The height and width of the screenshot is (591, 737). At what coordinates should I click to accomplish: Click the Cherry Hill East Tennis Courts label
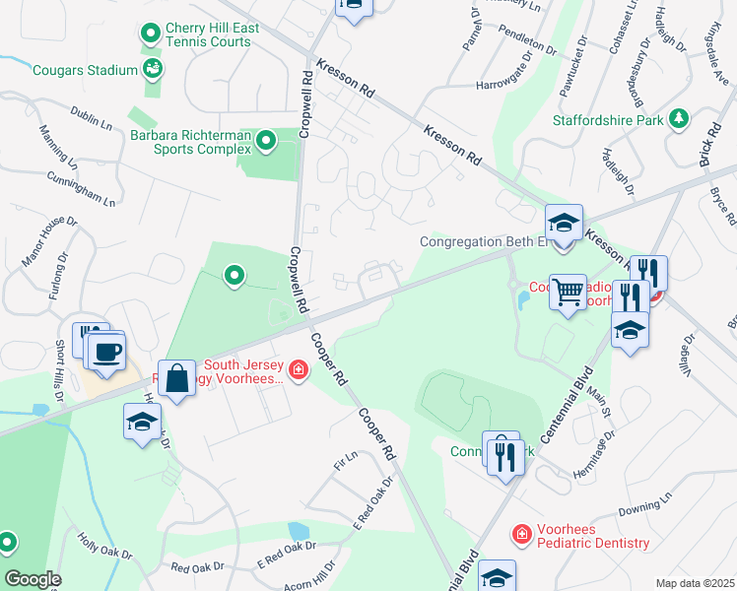click(x=212, y=35)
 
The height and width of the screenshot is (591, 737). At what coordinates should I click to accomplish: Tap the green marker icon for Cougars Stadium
click(x=153, y=69)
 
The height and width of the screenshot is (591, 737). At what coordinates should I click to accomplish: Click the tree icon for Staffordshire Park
click(x=678, y=119)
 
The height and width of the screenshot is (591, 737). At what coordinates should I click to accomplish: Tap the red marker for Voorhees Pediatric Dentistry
click(x=520, y=534)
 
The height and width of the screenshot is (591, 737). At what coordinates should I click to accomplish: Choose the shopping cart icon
click(x=569, y=290)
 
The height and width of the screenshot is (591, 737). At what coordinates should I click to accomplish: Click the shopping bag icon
click(x=176, y=377)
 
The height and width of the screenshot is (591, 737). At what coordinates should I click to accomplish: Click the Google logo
click(x=33, y=579)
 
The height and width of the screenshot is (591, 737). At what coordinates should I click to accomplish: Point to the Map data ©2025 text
click(x=694, y=583)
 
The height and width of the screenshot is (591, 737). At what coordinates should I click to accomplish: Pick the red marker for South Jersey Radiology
click(x=298, y=370)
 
